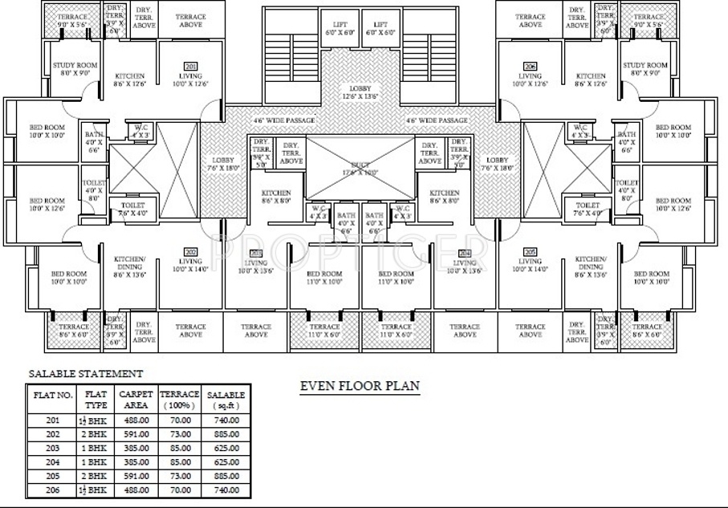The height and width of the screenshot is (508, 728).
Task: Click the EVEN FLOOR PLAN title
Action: coord(359,386)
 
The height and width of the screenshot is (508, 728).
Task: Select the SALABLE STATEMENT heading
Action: coord(86,373)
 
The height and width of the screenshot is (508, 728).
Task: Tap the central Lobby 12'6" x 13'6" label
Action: coord(360,91)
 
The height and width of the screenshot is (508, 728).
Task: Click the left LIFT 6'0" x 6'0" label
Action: coord(340,29)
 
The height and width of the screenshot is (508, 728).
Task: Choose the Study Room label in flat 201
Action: coord(75,68)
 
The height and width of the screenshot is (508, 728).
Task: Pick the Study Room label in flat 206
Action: coord(645,68)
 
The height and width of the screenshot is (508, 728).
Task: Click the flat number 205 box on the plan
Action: coord(530,251)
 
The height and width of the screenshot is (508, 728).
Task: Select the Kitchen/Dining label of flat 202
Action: coord(128,264)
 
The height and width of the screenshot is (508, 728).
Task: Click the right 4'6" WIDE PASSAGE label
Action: coord(437,120)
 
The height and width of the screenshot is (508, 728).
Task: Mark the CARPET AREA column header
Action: coord(136,399)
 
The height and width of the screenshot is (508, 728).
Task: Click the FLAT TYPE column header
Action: coord(96,399)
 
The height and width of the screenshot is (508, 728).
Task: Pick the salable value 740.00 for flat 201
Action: coord(226,420)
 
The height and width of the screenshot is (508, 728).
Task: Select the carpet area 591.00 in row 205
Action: coord(136,475)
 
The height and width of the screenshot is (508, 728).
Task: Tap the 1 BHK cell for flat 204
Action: coord(96,461)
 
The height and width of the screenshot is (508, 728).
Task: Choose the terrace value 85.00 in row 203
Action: coord(180,448)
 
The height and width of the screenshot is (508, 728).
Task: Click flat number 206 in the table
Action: coord(53,489)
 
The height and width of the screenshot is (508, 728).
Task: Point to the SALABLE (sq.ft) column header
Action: coord(226,399)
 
